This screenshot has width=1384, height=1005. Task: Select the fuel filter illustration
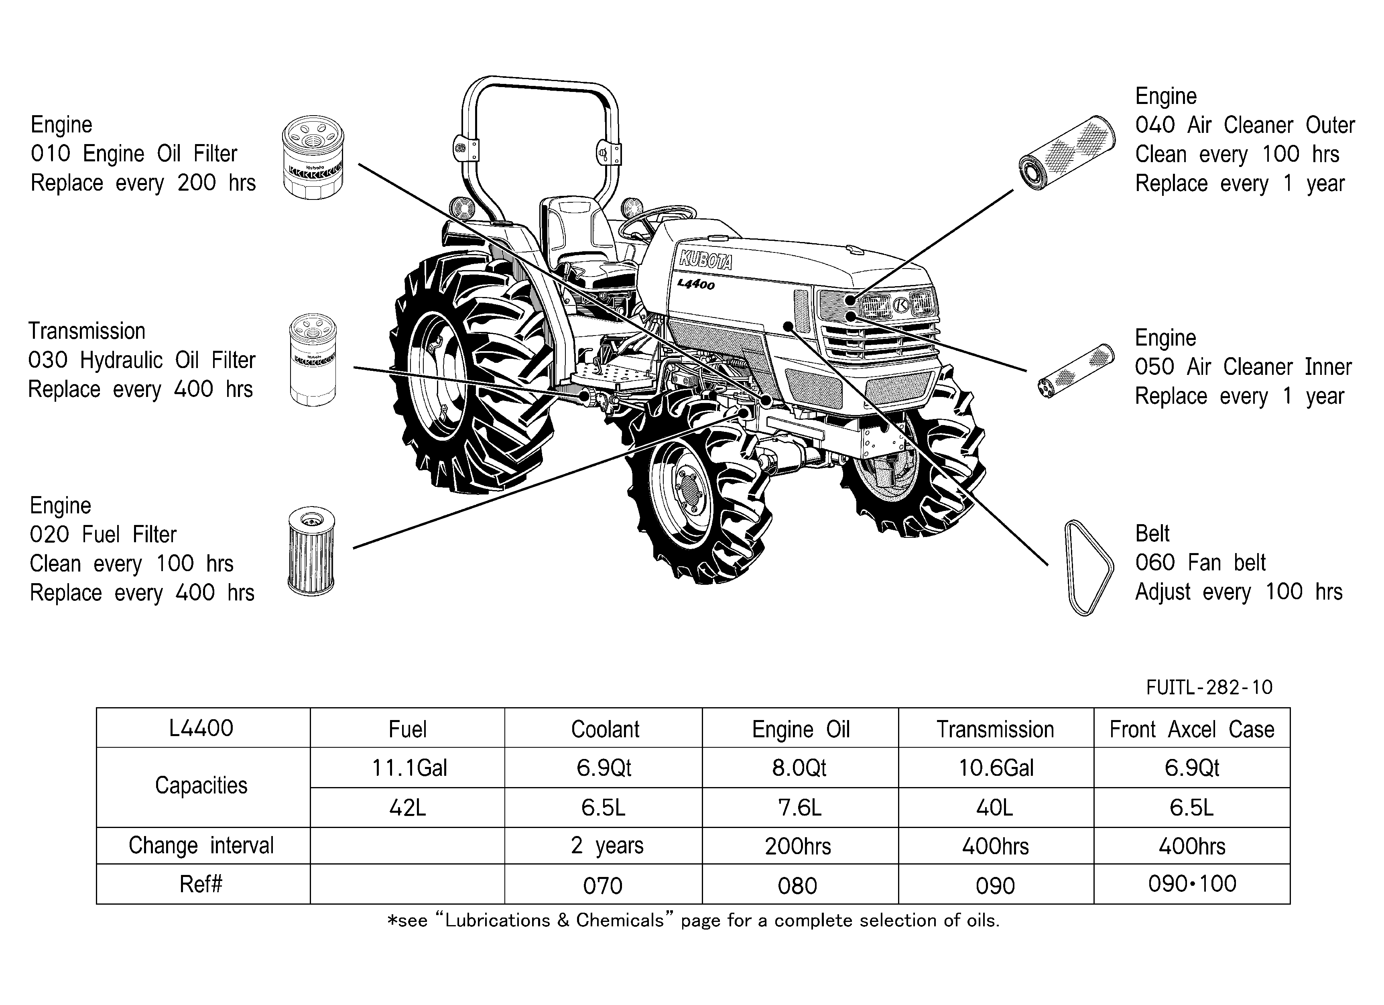[311, 551]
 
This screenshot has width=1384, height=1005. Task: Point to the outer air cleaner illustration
[1067, 153]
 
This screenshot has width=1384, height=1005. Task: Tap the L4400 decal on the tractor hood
[696, 284]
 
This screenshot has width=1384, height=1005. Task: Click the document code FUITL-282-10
[1209, 688]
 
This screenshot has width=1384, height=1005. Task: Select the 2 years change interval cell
[605, 846]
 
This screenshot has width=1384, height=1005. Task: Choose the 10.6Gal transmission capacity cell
[996, 768]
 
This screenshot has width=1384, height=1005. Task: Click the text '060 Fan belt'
[1200, 562]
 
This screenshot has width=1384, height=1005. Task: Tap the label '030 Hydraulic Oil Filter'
[142, 360]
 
